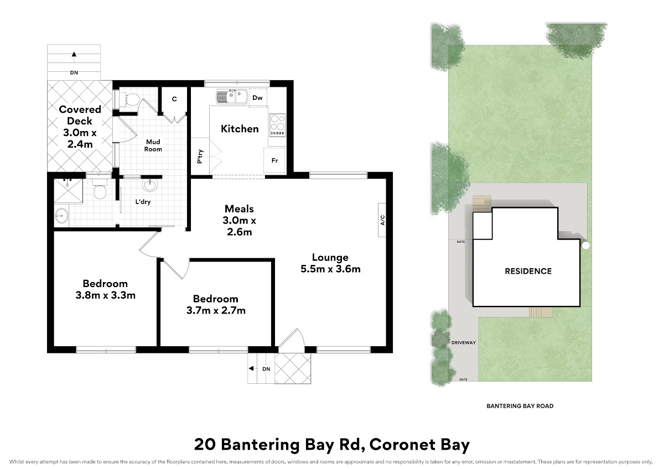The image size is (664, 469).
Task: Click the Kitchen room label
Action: tap(240, 129)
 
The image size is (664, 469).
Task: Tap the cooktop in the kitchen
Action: tap(278, 125)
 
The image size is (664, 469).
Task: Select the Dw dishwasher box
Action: tap(258, 98)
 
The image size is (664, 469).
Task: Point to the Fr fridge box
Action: tap(274, 160)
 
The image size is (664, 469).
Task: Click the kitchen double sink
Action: tap(232, 96)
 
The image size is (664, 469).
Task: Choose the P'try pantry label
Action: tap(200, 157)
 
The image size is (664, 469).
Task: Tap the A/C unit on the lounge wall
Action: tap(382, 220)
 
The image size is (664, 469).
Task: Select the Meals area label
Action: tap(239, 209)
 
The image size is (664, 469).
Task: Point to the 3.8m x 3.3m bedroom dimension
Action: tap(106, 295)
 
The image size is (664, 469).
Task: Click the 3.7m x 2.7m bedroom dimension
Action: tap(216, 310)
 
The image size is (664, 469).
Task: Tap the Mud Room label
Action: tap(153, 145)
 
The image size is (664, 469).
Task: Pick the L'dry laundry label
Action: tap(143, 202)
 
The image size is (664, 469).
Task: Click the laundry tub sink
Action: tap(150, 185)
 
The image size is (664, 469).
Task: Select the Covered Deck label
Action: tap(80, 115)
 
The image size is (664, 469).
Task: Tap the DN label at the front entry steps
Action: tap(266, 369)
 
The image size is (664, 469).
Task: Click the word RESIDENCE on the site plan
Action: tap(528, 271)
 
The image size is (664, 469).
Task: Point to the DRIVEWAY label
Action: tap(464, 342)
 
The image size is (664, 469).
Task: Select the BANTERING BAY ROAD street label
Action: tap(520, 406)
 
